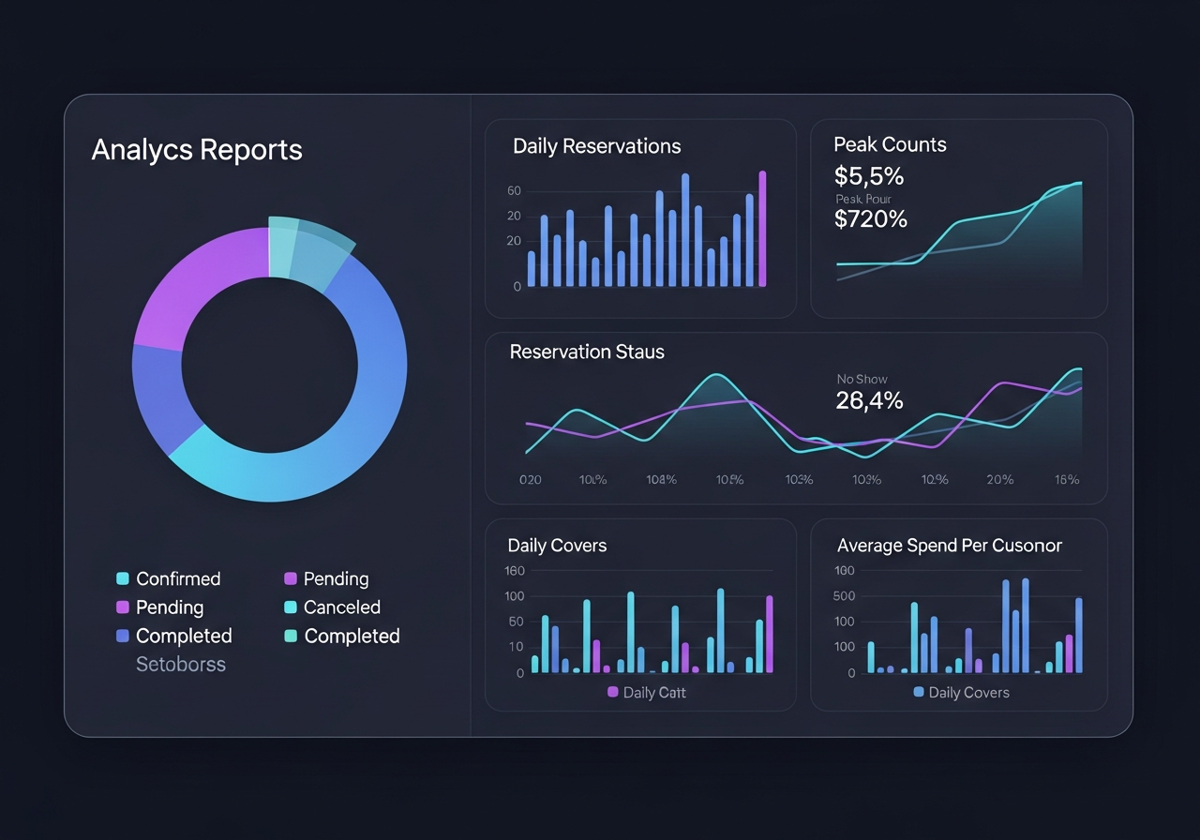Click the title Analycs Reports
tap(197, 150)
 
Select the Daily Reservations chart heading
tap(596, 146)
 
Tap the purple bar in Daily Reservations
tap(762, 229)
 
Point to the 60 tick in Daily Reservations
tap(514, 191)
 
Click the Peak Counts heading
tap(890, 144)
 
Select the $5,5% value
tap(869, 175)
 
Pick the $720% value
tap(871, 219)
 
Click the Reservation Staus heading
tap(587, 352)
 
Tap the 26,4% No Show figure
tap(869, 401)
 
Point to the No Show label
tap(862, 379)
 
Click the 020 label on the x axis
tap(530, 479)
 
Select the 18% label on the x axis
tap(1066, 479)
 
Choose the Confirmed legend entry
tap(177, 578)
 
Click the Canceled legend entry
tap(341, 607)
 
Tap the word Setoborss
tap(181, 665)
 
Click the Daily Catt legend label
tap(653, 693)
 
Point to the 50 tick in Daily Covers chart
tap(515, 622)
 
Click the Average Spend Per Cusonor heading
tap(949, 546)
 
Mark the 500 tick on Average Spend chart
tap(845, 596)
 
